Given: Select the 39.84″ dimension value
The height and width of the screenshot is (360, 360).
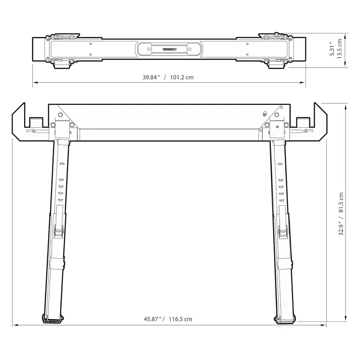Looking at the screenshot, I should coord(152,77).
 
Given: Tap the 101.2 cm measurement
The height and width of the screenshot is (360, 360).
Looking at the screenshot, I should coord(181,77).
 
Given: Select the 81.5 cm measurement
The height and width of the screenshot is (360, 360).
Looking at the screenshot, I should coord(341,202).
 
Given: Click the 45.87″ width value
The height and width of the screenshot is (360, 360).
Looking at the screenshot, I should coord(153,319).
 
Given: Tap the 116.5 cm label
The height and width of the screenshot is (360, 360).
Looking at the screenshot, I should coord(181,319).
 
